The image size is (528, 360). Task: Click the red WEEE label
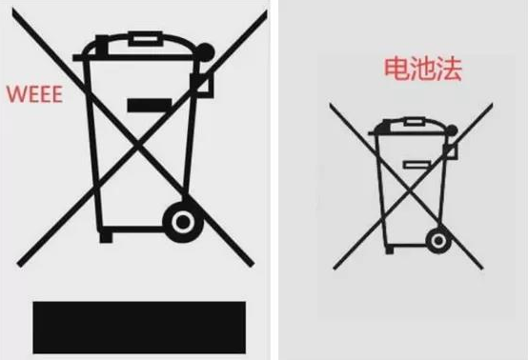coord(34,94)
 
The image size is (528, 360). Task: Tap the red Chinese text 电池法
coord(423,69)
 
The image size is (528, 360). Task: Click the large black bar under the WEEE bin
coord(139,328)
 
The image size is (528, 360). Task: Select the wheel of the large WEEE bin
coord(183,222)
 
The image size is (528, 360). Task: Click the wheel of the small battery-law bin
coord(438,241)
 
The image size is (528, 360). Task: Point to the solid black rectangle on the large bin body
coord(150,106)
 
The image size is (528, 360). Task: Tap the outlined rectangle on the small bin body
coord(416,165)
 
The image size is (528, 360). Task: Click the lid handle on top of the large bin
coord(146,39)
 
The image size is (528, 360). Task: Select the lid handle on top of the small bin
coord(415,122)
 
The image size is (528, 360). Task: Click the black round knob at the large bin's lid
coord(205,52)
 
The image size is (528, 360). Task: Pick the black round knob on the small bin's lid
coord(452,130)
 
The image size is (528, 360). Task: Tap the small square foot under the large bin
coord(106,237)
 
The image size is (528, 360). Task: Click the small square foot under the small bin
coord(390,250)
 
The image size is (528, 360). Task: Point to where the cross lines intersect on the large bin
coord(137,146)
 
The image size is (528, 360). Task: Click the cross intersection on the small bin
coord(409,191)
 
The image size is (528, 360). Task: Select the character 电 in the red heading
coord(397,69)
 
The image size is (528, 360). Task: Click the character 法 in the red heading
coord(449,70)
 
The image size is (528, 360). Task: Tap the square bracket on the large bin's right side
coord(202,86)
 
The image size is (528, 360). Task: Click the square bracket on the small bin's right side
coord(451,151)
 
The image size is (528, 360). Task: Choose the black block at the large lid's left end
coord(102,46)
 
